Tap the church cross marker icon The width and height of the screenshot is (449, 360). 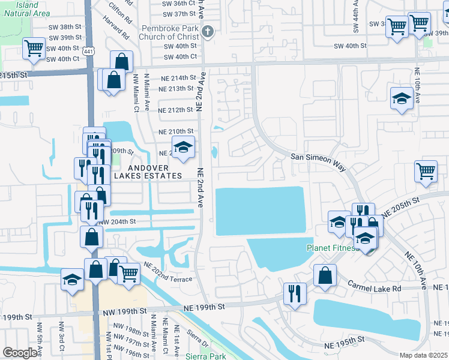pos(208,32)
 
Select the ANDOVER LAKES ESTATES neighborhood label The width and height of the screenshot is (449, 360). pos(154,171)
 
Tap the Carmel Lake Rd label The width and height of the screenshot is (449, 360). pos(373,289)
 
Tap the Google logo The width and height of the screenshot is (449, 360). pos(20,353)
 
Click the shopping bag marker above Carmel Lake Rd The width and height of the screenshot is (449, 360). pos(325,276)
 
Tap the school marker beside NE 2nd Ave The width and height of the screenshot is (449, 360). pos(184,148)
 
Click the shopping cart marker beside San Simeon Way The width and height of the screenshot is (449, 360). pos(426,171)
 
